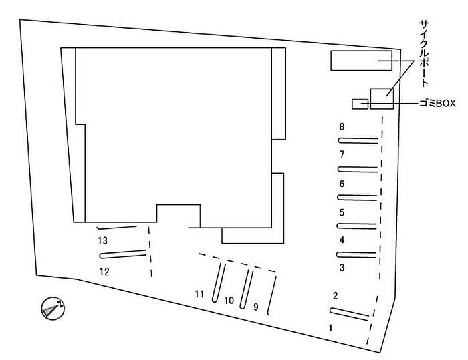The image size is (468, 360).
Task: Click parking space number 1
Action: [330, 328]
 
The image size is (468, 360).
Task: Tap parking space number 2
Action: [336, 295]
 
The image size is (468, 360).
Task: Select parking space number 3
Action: [342, 268]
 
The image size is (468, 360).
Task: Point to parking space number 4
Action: [342, 240]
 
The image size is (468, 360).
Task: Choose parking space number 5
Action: [342, 213]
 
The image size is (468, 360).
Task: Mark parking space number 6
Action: [342, 184]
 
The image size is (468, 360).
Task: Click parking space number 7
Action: [342, 154]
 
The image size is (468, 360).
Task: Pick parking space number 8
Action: [342, 126]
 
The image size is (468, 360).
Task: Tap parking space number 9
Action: [255, 307]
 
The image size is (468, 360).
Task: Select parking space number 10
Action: [229, 301]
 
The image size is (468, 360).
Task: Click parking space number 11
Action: [199, 293]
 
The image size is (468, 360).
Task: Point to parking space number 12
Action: [104, 271]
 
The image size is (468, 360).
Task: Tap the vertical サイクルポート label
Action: [423, 53]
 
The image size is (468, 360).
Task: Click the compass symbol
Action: [52, 309]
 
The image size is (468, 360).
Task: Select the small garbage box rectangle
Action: [360, 104]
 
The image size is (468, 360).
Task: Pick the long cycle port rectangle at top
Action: [361, 60]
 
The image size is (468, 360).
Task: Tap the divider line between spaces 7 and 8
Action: [358, 140]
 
